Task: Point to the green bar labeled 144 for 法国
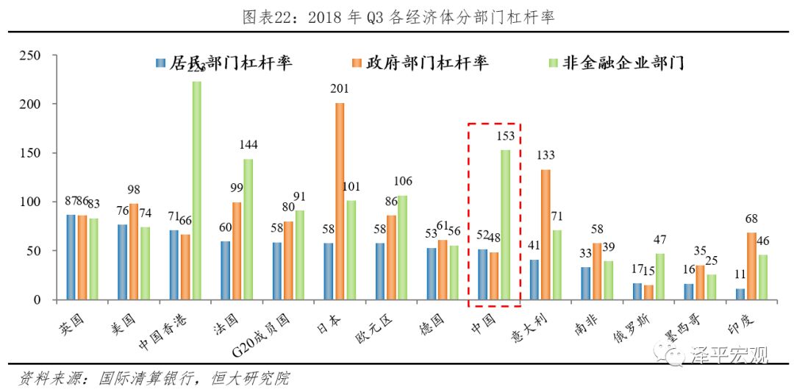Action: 248,229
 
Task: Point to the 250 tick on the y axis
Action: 29,55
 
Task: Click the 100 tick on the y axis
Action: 29,202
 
